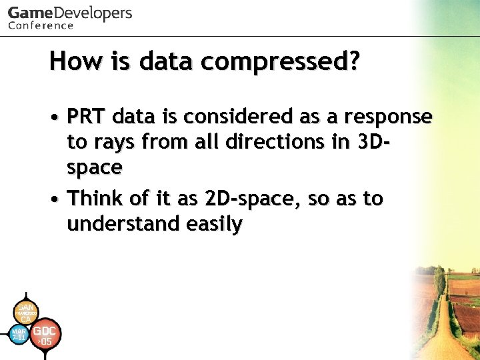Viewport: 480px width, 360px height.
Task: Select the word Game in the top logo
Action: [x=29, y=13]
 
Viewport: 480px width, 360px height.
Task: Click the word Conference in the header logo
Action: [x=41, y=25]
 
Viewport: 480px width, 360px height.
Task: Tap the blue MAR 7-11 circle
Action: [x=19, y=333]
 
